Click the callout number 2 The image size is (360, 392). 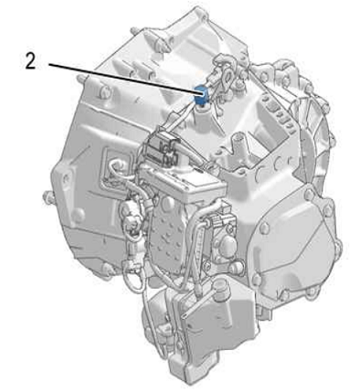(30, 62)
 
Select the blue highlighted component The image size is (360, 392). (200, 94)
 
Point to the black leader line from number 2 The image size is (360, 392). (122, 78)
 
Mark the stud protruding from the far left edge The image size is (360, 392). (48, 197)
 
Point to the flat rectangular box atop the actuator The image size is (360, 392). (183, 183)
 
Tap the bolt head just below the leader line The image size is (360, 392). (104, 91)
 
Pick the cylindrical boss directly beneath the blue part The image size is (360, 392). (204, 115)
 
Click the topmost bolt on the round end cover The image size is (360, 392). (308, 193)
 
